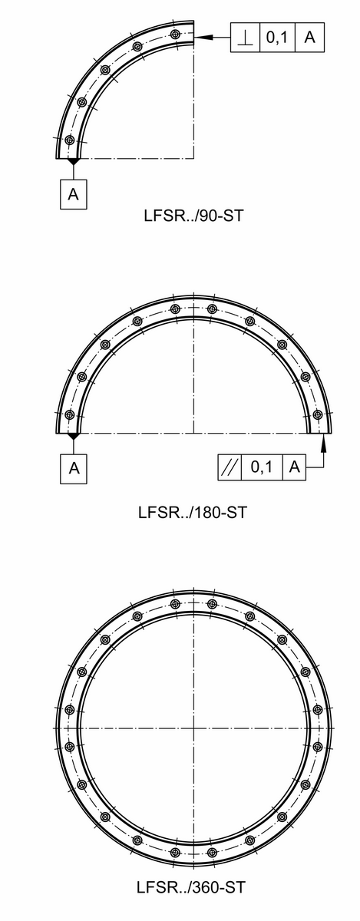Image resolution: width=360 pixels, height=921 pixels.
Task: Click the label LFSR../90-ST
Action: [x=193, y=216]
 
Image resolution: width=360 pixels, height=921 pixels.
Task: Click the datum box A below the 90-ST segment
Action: [x=73, y=194]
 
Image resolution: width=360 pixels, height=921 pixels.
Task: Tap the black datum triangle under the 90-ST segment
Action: [x=73, y=162]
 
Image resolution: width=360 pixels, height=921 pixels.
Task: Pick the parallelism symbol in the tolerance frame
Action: [x=228, y=468]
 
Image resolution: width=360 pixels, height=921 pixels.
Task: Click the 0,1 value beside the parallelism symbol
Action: [x=262, y=468]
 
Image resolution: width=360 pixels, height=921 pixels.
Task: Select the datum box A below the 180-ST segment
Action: [x=74, y=468]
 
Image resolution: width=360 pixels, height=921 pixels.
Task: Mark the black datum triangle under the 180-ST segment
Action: [x=74, y=437]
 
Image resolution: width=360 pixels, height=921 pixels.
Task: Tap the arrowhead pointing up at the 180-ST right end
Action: [x=323, y=438]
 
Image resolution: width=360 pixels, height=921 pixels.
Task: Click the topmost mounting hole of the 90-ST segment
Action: [x=177, y=35]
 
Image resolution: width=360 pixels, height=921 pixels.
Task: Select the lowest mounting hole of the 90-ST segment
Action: [x=70, y=140]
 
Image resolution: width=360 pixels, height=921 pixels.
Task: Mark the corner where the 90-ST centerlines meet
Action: [x=193, y=158]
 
